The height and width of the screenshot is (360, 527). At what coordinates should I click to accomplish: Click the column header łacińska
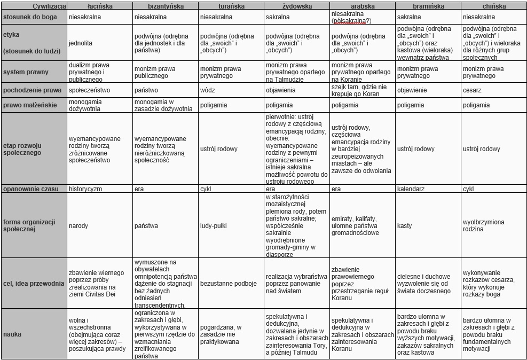pyautogui.click(x=100, y=6)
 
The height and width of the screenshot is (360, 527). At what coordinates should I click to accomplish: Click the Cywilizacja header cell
pyautogui.click(x=34, y=6)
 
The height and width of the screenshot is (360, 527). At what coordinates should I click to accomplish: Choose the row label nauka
pyautogui.click(x=12, y=334)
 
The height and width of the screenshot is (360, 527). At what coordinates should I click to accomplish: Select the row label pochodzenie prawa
pyautogui.click(x=32, y=90)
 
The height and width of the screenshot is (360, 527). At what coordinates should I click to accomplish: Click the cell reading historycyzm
pyautogui.click(x=85, y=189)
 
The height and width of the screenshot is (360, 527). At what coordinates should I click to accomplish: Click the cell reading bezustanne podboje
pyautogui.click(x=229, y=284)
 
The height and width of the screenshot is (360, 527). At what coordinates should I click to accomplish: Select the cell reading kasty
pyautogui.click(x=405, y=226)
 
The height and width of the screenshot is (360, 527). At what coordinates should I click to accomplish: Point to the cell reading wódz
pyautogui.click(x=208, y=90)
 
